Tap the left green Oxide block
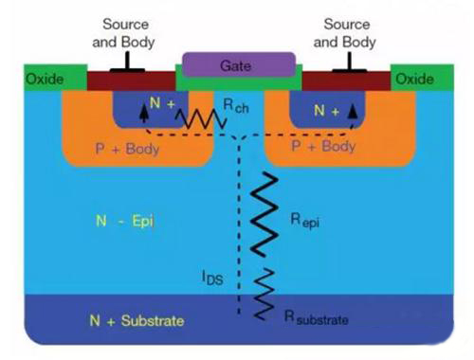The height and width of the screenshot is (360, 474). (43, 79)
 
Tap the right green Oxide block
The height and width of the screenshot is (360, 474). (414, 79)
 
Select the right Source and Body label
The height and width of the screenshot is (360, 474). (347, 33)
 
